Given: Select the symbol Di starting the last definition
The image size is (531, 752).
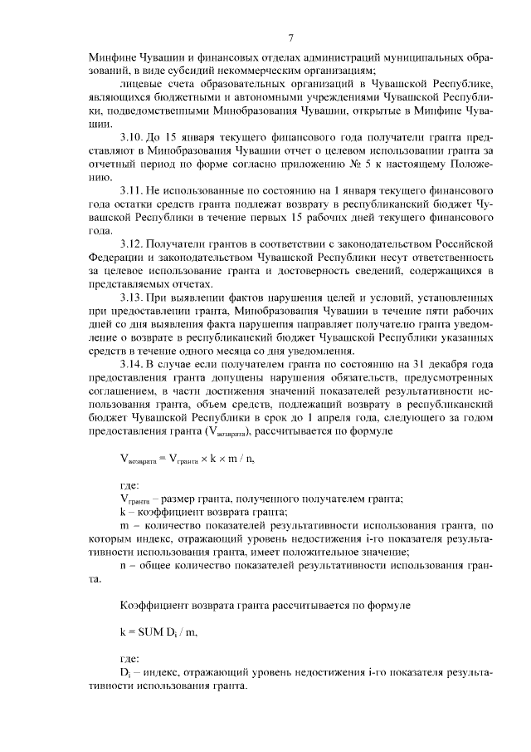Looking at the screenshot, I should (x=126, y=672).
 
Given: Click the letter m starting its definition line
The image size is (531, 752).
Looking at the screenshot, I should (x=124, y=525).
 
